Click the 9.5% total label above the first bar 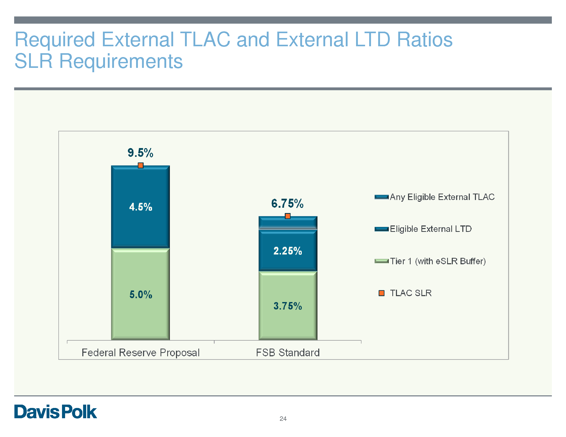click(140, 153)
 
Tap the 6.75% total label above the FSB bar click(287, 204)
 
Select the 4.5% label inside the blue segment click(140, 207)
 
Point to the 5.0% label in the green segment click(141, 295)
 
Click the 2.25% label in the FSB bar click(288, 251)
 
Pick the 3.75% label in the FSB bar click(288, 306)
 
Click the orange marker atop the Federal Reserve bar click(140, 166)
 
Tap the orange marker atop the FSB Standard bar click(288, 216)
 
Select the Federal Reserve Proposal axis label click(140, 353)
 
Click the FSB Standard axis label click(288, 353)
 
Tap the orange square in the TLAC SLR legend click(382, 293)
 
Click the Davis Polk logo click(56, 412)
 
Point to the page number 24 click(283, 418)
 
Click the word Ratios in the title click(425, 40)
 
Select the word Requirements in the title click(121, 61)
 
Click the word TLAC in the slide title click(205, 40)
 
